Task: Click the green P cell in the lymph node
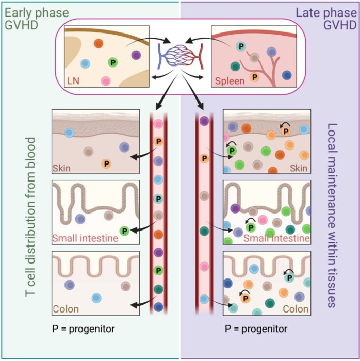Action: pyautogui.click(x=112, y=62)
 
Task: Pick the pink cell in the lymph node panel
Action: pyautogui.click(x=105, y=81)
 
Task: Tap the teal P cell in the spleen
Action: pyautogui.click(x=240, y=46)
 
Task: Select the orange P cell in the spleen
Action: pyautogui.click(x=254, y=76)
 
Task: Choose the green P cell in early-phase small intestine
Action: pyautogui.click(x=124, y=231)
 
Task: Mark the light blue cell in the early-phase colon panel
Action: pyautogui.click(x=96, y=298)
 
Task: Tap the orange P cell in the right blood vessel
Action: pyautogui.click(x=204, y=157)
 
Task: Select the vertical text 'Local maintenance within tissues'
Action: pyautogui.click(x=332, y=216)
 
